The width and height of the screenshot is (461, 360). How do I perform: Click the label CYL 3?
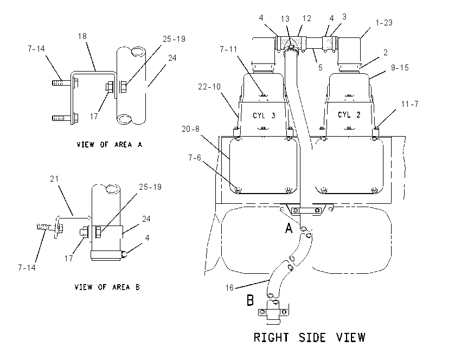[264, 115]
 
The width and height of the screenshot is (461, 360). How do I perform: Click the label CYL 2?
[349, 114]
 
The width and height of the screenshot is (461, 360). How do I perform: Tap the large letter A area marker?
[289, 228]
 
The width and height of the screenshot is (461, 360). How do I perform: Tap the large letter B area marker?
[250, 300]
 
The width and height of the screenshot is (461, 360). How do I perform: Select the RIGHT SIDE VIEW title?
[310, 337]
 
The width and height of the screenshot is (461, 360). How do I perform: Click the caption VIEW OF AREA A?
[110, 145]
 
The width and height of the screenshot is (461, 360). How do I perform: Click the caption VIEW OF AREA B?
[107, 287]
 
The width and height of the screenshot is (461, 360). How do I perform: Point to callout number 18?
[82, 36]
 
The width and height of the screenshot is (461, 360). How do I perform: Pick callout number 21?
[54, 179]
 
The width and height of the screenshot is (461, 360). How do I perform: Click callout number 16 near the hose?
[229, 288]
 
